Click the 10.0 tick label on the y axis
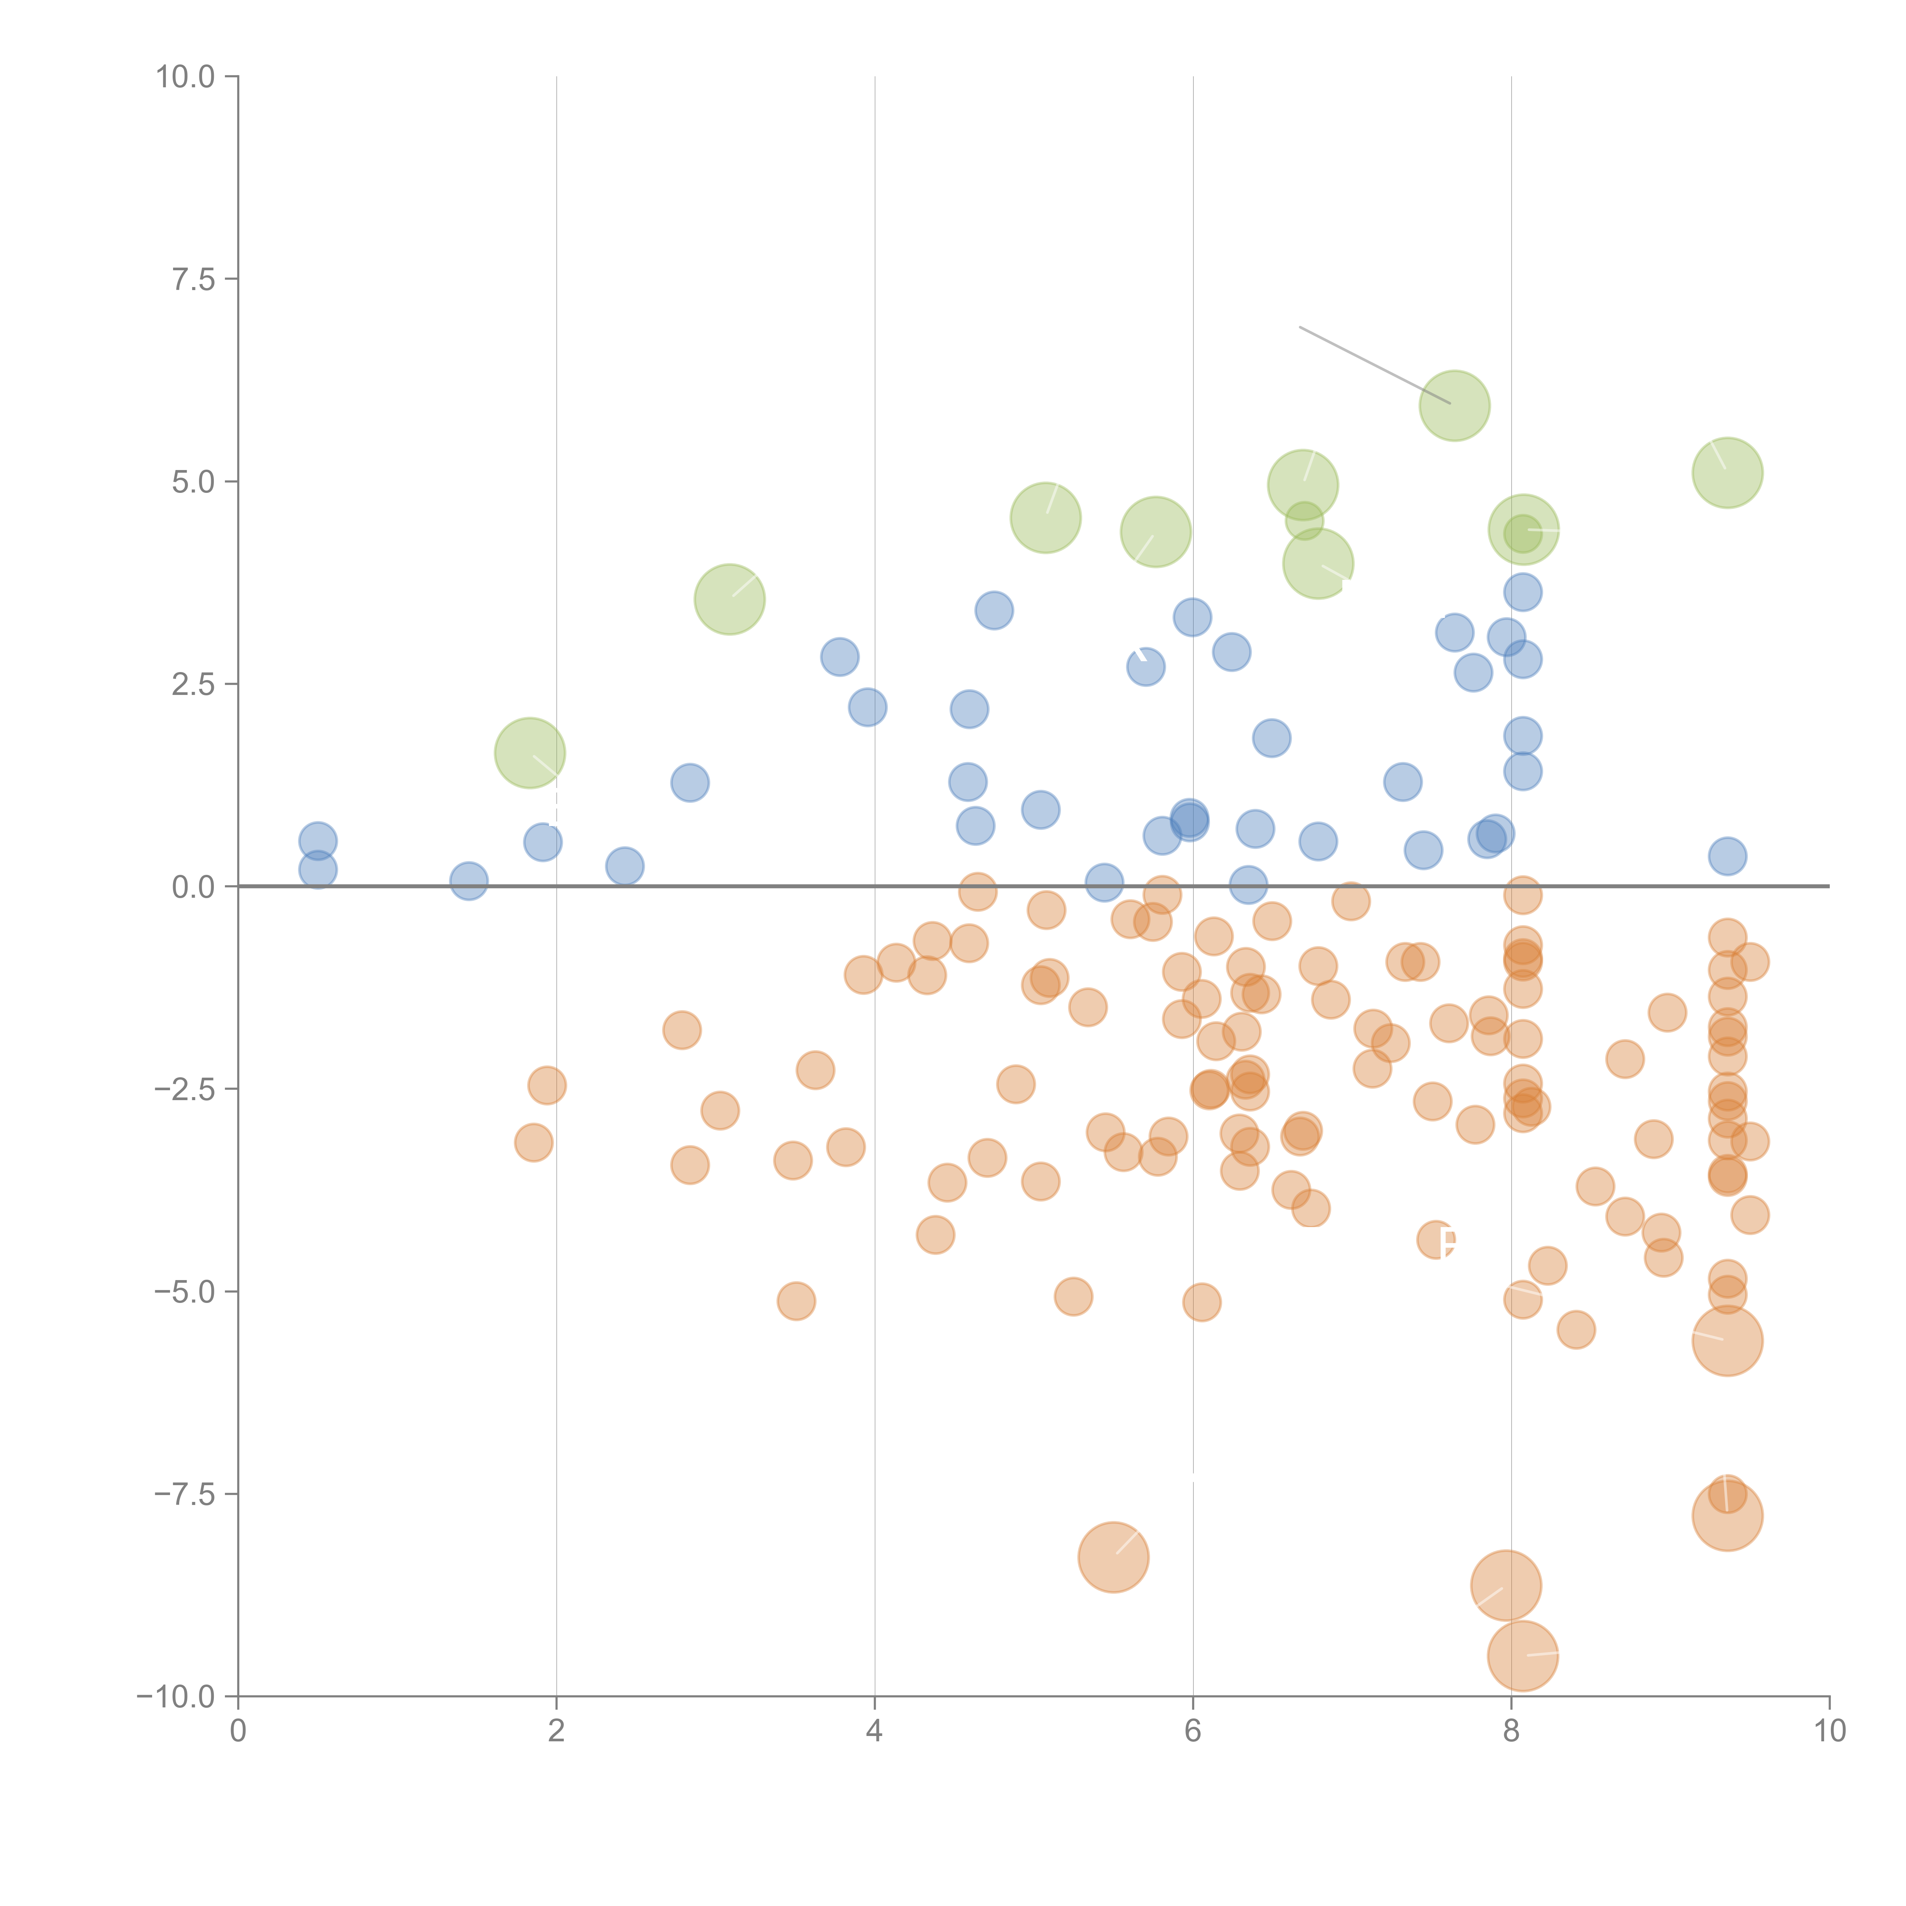tap(186, 77)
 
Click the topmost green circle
tap(1454, 406)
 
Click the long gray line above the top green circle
tap(1374, 365)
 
